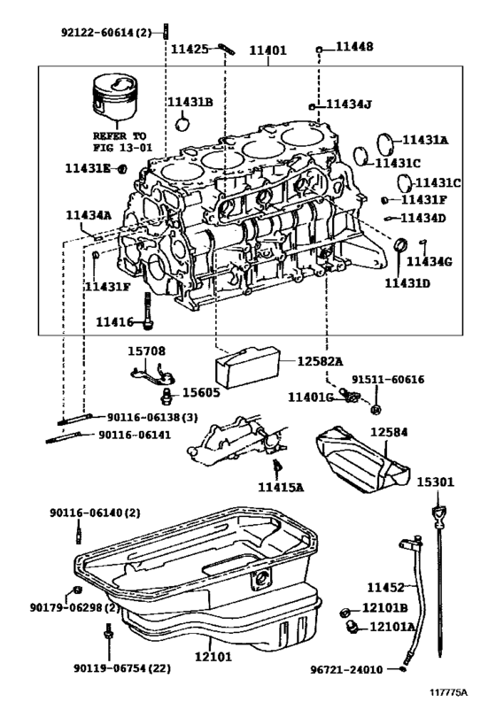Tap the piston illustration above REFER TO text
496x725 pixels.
pos(112,100)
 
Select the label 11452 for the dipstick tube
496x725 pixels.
pos(385,587)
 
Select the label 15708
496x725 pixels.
pos(146,351)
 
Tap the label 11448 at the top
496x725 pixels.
pos(354,46)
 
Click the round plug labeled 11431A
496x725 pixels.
pos(385,142)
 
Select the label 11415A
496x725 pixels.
pos(281,486)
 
